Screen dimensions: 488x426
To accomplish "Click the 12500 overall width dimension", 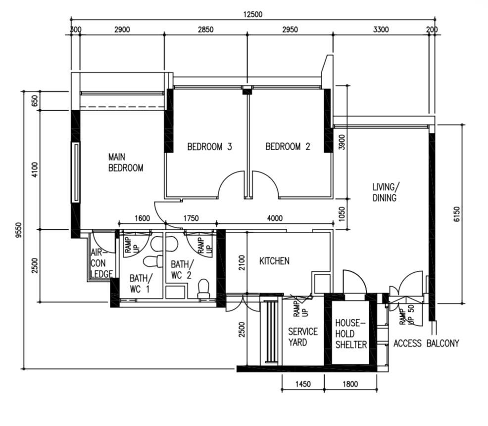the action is (253, 14).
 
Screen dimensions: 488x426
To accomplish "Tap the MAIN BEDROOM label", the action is (126, 162).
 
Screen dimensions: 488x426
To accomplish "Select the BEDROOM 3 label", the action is (209, 146).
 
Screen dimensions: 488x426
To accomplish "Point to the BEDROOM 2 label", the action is (288, 146).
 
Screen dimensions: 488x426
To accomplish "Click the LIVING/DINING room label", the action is (385, 192).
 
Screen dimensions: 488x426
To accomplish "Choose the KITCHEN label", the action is (274, 261).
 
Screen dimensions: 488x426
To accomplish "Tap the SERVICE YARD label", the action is (302, 337).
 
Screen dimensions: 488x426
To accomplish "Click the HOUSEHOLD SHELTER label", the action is (351, 334).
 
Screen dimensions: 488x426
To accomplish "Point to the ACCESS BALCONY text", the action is (426, 343).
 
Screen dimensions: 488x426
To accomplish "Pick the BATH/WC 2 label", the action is (182, 269).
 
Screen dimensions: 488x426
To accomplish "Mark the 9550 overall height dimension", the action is (19, 230).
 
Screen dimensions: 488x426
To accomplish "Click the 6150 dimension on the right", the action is (456, 214).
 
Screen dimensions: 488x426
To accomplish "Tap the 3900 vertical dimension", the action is (342, 142).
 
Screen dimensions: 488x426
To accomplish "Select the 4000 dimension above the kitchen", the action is (275, 218).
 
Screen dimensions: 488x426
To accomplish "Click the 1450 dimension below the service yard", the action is (303, 384).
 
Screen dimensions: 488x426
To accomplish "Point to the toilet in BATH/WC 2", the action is (204, 290).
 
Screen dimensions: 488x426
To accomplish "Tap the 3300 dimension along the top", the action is (381, 30).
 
